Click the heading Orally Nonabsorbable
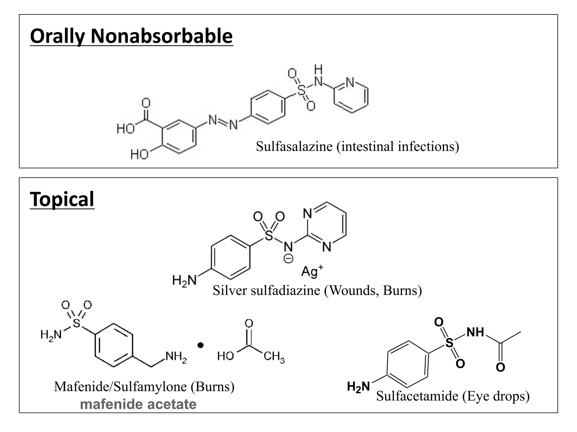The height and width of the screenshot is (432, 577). (131, 37)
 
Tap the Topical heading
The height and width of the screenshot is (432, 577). (62, 199)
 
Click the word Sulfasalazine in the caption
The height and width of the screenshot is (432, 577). (294, 147)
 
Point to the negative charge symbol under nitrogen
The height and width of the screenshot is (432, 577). (288, 258)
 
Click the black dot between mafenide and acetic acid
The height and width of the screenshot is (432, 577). (200, 345)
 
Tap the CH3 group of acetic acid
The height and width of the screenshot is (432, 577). (274, 357)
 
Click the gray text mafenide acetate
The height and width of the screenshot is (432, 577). (138, 404)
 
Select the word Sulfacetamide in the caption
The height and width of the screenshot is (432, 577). (417, 396)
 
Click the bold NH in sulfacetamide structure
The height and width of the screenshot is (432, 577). (475, 332)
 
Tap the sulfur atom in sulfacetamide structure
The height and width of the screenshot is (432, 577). (449, 343)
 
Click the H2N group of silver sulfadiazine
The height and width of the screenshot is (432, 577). (184, 281)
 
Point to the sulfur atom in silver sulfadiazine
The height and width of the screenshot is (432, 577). (269, 235)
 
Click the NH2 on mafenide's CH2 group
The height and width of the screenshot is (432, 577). (176, 357)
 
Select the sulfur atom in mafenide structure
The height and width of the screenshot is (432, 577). (76, 323)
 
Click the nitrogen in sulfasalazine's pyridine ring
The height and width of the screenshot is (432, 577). (350, 82)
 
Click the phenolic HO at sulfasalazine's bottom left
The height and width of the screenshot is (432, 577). (139, 154)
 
